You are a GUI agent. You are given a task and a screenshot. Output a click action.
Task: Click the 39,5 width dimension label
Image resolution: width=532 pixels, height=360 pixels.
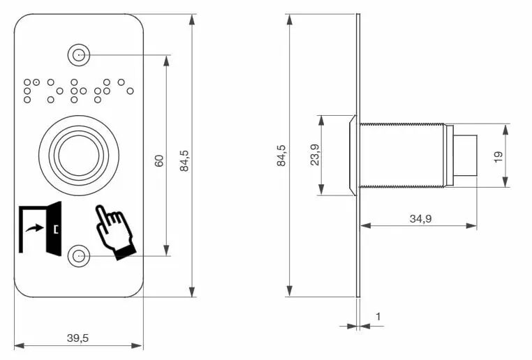point(77,338)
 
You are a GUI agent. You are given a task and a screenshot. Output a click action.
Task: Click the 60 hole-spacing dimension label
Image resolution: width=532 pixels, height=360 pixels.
point(158,160)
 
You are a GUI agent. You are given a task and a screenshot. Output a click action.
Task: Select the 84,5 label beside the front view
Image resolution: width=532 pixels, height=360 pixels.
point(184,160)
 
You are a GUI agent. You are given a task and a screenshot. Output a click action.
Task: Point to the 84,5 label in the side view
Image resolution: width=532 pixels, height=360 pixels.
point(281,156)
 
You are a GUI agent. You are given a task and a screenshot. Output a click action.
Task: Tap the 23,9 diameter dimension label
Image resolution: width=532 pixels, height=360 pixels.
point(315,155)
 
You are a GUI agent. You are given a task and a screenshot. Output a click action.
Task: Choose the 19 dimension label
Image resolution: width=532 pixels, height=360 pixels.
point(498,156)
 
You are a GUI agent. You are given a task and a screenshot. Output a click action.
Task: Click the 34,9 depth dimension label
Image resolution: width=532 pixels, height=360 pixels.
point(420,218)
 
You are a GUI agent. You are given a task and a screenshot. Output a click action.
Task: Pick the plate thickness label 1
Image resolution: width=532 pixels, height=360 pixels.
point(378,317)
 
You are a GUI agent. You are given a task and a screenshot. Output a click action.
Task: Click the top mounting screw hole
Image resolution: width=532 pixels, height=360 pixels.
point(79,55)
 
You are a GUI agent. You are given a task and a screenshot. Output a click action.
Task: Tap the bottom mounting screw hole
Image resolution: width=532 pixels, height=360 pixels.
point(79,256)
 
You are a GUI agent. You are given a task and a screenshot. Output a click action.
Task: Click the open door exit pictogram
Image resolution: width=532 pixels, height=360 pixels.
point(40,228)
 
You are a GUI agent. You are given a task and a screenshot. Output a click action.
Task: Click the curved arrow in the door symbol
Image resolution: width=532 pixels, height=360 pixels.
point(34,228)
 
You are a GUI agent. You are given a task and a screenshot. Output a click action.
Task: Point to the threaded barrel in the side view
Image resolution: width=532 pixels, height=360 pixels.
point(402,156)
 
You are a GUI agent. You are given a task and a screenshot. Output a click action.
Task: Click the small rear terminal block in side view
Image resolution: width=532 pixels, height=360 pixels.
point(465,156)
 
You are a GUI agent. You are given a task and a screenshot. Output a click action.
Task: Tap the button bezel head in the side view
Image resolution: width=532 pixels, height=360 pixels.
point(353,156)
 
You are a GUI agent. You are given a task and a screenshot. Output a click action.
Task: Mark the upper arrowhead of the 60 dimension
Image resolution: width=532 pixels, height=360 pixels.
point(166,61)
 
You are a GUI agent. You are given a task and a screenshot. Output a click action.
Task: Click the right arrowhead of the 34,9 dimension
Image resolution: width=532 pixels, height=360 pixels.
point(471,226)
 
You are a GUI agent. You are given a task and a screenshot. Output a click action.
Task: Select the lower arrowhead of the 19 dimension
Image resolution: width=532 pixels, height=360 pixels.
point(505,181)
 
